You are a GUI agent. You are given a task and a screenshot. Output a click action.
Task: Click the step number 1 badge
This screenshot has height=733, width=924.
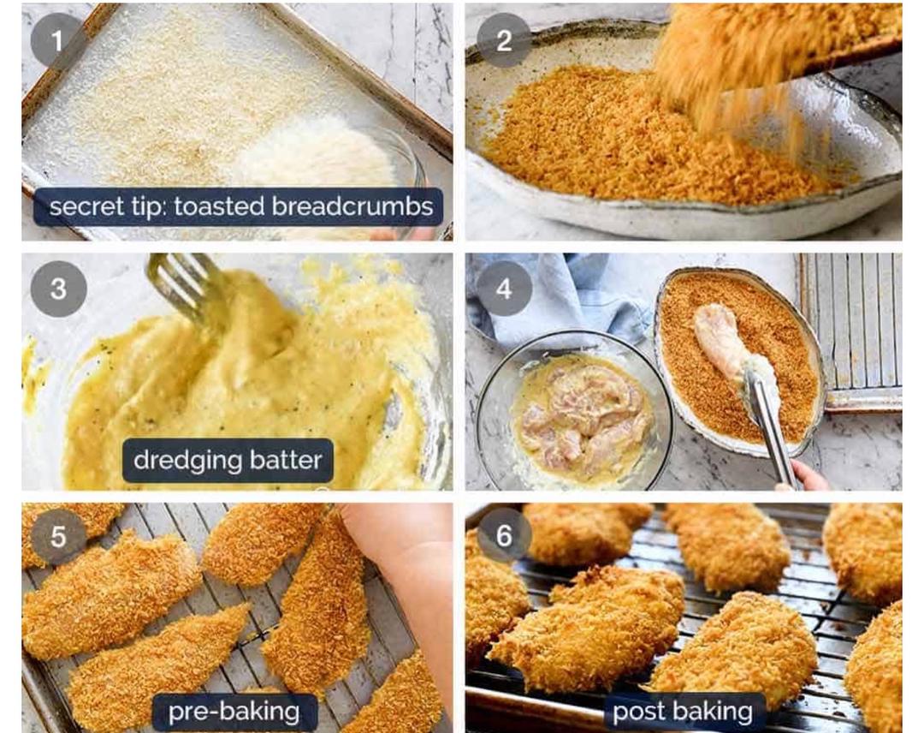pyautogui.click(x=57, y=41)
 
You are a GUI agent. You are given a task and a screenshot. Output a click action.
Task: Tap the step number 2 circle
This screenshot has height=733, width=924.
pyautogui.click(x=504, y=41)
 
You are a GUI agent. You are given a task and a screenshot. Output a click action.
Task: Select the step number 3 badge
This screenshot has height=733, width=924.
pyautogui.click(x=58, y=289)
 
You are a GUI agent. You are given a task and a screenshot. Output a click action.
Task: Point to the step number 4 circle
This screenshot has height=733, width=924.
pyautogui.click(x=504, y=289)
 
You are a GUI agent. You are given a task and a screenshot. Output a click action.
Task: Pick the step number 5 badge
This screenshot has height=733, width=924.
pyautogui.click(x=58, y=537)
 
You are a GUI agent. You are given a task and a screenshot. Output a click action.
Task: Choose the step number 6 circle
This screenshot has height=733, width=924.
pyautogui.click(x=504, y=535)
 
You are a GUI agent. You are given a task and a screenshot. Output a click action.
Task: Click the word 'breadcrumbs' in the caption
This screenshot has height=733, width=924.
pyautogui.click(x=352, y=206)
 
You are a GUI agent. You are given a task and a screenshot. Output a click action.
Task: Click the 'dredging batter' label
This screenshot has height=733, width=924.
pyautogui.click(x=228, y=460)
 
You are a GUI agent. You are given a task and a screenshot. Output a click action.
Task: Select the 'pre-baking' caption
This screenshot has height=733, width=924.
pyautogui.click(x=234, y=712)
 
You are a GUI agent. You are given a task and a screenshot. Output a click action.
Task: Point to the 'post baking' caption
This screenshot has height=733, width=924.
pyautogui.click(x=683, y=712)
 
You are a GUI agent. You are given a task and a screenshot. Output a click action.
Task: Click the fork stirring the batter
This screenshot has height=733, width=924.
pyautogui.click(x=187, y=289)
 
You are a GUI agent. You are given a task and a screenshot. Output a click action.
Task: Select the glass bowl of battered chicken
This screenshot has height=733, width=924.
pyautogui.click(x=575, y=411)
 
